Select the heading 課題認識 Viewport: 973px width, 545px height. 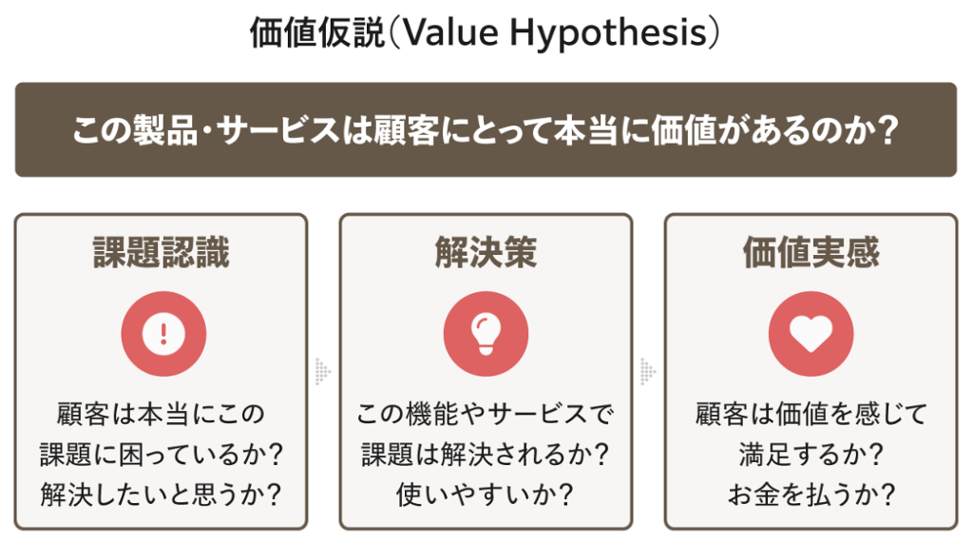click(x=162, y=253)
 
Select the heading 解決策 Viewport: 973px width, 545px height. click(x=486, y=253)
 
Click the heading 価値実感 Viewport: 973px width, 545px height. click(x=811, y=253)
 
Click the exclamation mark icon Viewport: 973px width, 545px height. click(x=163, y=333)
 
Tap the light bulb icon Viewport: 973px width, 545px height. click(x=486, y=333)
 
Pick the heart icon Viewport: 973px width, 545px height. click(x=811, y=333)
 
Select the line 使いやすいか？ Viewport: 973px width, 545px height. click(x=486, y=496)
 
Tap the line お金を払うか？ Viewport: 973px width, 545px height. click(x=811, y=496)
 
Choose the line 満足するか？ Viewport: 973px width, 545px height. click(x=811, y=455)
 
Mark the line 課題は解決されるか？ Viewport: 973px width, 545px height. click(x=486, y=455)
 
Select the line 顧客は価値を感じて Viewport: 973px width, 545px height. click(x=811, y=415)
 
